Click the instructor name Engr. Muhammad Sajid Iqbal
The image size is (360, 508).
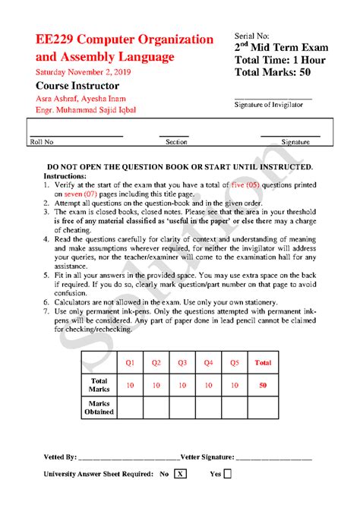pyautogui.click(x=93, y=111)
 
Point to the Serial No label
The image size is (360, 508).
pyautogui.click(x=252, y=36)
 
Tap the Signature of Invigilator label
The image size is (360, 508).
pyautogui.click(x=273, y=105)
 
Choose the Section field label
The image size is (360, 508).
pyautogui.click(x=176, y=142)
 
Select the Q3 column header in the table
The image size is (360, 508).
pyautogui.click(x=182, y=363)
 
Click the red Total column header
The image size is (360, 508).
pyautogui.click(x=263, y=363)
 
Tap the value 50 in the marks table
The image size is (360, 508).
pyautogui.click(x=263, y=386)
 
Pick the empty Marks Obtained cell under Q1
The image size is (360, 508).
pyautogui.click(x=130, y=408)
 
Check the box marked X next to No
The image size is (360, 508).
pyautogui.click(x=180, y=474)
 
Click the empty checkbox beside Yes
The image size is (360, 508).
pyautogui.click(x=228, y=474)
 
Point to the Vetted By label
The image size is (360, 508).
pyautogui.click(x=60, y=458)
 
